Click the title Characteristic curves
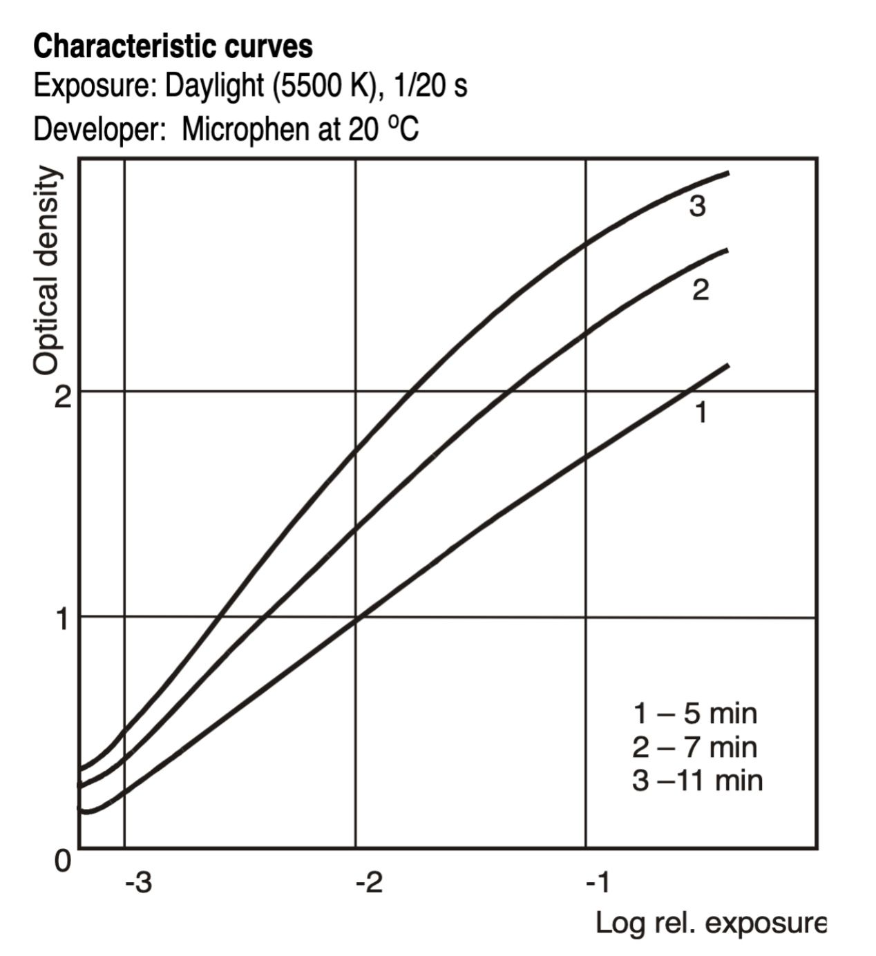pyautogui.click(x=173, y=47)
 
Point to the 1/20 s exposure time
pyautogui.click(x=430, y=86)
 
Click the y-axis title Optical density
pyautogui.click(x=46, y=270)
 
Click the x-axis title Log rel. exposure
pyautogui.click(x=710, y=924)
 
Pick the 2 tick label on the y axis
pyautogui.click(x=62, y=397)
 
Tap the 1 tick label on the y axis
pyautogui.click(x=62, y=620)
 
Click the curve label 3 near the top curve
pyautogui.click(x=697, y=207)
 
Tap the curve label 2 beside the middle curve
pyautogui.click(x=700, y=289)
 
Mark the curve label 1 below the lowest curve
pyautogui.click(x=701, y=412)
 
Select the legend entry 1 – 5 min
pyautogui.click(x=695, y=727)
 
